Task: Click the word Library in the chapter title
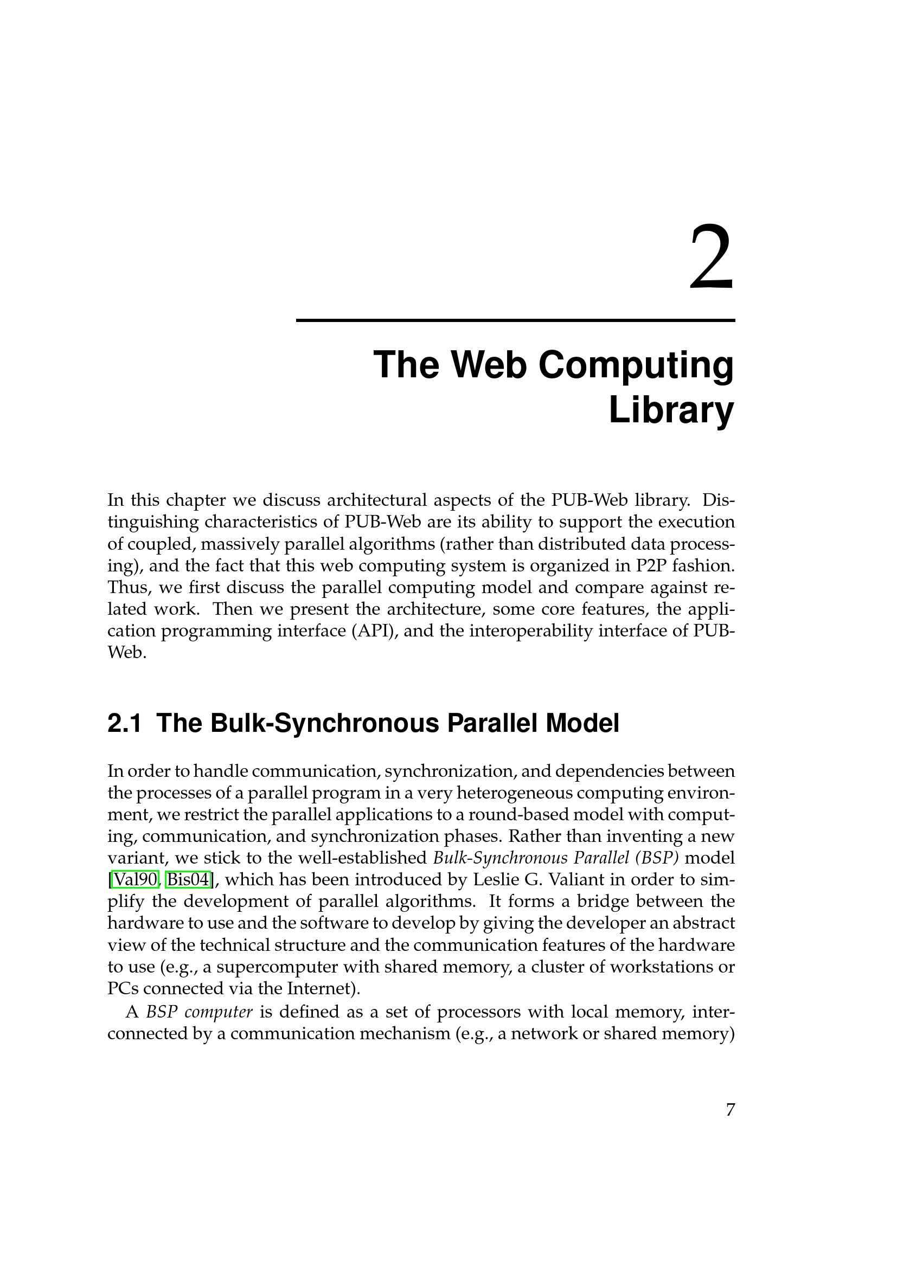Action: (x=671, y=410)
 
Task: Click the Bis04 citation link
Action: (x=188, y=879)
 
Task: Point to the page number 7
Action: (x=730, y=1110)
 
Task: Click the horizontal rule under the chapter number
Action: (x=515, y=320)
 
